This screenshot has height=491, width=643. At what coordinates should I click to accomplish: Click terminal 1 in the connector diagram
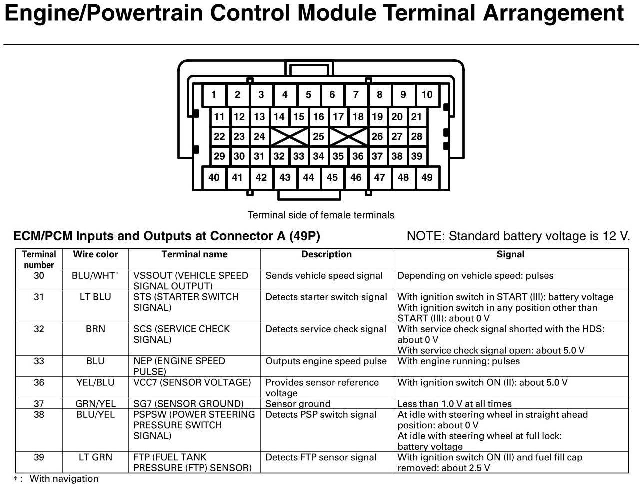214,95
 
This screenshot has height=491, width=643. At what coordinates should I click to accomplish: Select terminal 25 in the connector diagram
318,136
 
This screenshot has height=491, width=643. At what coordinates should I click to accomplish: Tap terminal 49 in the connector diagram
427,177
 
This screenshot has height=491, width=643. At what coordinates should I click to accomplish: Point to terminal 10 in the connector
427,95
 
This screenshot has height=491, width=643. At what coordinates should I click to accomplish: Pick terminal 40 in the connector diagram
214,177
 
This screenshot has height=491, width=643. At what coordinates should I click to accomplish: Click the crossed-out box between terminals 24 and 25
289,136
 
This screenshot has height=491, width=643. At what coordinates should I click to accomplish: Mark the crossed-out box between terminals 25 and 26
348,136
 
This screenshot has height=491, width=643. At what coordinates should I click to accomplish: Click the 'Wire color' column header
95,254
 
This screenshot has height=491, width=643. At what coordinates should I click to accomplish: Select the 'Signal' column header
510,254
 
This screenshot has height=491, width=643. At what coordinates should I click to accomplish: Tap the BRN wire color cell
95,329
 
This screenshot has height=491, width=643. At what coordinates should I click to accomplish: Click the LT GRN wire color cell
95,457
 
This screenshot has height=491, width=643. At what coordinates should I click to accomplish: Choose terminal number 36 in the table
39,383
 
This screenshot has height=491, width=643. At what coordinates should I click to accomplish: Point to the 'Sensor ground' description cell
298,404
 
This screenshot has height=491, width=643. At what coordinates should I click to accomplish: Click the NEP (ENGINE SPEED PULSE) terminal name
179,366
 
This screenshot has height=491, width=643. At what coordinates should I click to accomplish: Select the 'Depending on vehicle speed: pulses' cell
475,276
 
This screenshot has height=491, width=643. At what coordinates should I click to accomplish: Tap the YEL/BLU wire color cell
95,383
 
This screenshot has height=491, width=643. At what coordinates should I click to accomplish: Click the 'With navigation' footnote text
64,479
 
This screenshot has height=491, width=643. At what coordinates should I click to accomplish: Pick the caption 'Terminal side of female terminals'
321,215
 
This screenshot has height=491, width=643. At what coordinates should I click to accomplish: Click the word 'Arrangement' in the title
553,13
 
